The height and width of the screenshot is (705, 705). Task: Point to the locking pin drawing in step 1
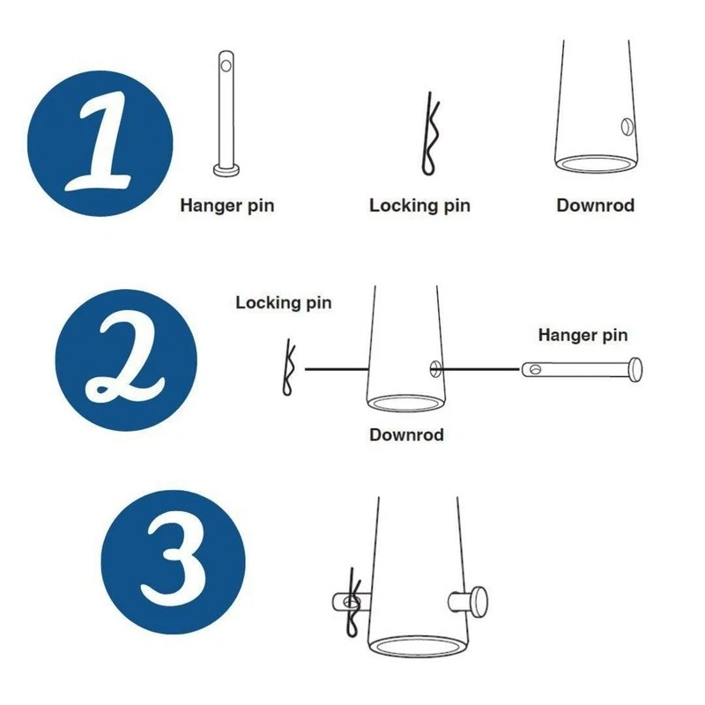pos(430,137)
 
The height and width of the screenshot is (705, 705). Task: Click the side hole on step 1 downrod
pos(627,127)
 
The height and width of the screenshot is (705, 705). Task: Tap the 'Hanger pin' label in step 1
pos(227,205)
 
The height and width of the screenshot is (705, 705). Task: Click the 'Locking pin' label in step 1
pos(419,205)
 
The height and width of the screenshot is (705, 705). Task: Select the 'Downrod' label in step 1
pos(595,205)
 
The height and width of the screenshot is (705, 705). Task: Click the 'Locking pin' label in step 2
pos(284,302)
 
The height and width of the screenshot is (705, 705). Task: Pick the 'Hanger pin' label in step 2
pos(583,335)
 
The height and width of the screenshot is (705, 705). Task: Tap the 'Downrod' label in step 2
pos(406,434)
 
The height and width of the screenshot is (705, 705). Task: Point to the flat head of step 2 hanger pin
pos(637,369)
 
